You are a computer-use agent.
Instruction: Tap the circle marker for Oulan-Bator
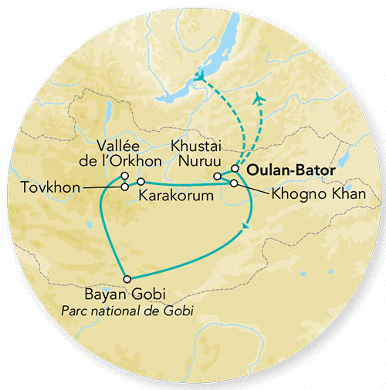pyautogui.click(x=235, y=169)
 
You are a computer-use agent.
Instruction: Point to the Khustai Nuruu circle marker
pyautogui.click(x=217, y=177)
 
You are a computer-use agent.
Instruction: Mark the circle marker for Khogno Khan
pyautogui.click(x=234, y=183)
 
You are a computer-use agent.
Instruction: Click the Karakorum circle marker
pyautogui.click(x=141, y=181)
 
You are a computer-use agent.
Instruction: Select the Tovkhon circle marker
pyautogui.click(x=125, y=187)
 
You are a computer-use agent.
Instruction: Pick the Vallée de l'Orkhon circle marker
pyautogui.click(x=124, y=177)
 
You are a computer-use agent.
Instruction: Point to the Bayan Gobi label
pyautogui.click(x=127, y=294)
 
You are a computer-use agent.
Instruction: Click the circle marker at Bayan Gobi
pyautogui.click(x=127, y=279)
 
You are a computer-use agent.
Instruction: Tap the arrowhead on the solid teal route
pyautogui.click(x=245, y=226)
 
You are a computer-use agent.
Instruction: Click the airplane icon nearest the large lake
pyautogui.click(x=201, y=76)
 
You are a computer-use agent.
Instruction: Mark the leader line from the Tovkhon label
pyautogui.click(x=100, y=187)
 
